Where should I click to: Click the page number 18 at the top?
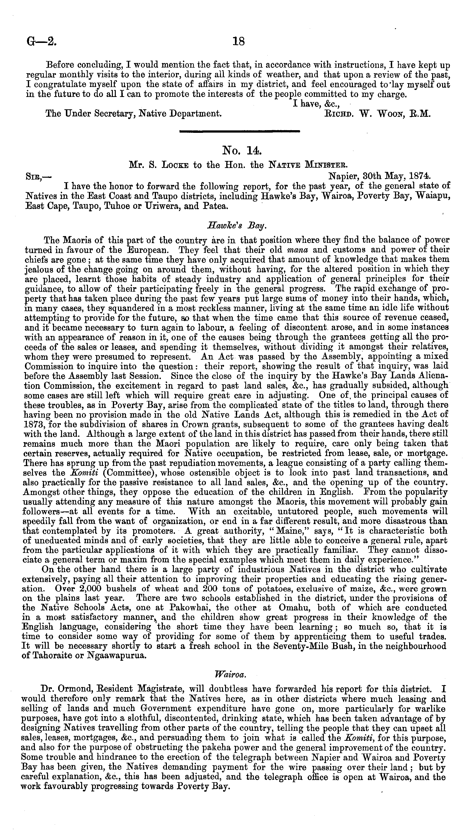(x=239, y=41)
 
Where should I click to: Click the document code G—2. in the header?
(x=40, y=42)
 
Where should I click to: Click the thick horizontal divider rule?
(x=240, y=131)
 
